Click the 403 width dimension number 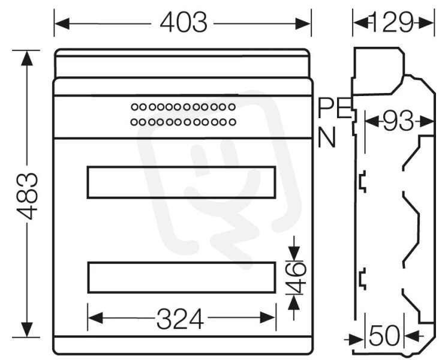click(184, 22)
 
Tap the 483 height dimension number click(27, 196)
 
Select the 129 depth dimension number click(391, 22)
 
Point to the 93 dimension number click(398, 121)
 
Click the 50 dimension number click(384, 335)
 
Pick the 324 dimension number click(180, 319)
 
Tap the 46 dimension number click(296, 278)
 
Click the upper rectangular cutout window click(182, 182)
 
